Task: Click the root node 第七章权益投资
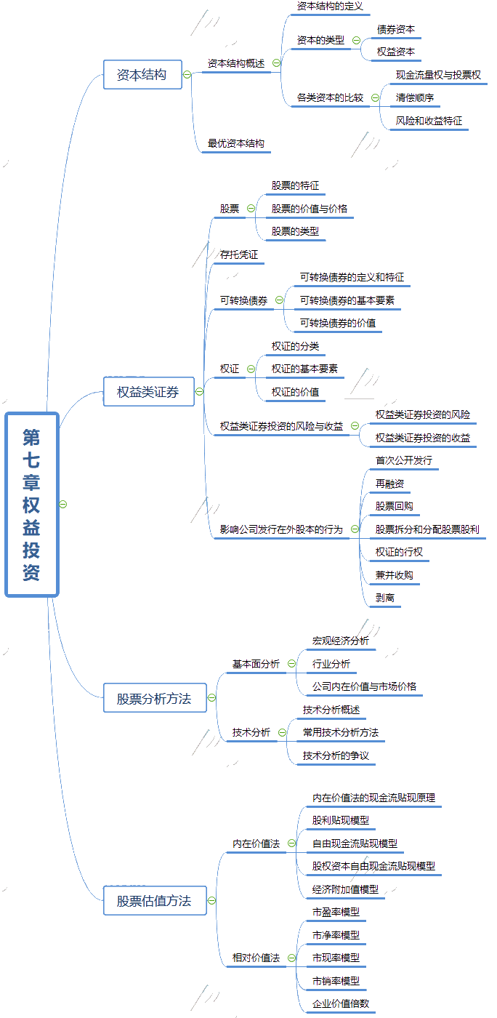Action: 31,505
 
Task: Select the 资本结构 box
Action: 142,74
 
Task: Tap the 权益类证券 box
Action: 148,392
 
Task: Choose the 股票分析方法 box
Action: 154,699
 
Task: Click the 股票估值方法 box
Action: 154,901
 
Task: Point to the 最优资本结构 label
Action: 236,144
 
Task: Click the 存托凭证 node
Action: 239,255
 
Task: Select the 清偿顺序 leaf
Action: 415,97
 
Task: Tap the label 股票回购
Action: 395,506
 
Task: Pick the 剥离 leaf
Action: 385,598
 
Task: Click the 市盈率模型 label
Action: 336,912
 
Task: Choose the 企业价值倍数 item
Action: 341,1003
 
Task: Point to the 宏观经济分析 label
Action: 341,641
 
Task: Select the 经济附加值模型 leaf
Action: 345,889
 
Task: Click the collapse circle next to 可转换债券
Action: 280,300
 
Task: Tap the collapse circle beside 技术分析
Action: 282,733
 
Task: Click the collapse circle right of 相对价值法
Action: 291,958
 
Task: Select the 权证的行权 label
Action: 399,552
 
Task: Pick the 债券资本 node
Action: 396,30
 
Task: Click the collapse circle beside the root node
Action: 63,505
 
